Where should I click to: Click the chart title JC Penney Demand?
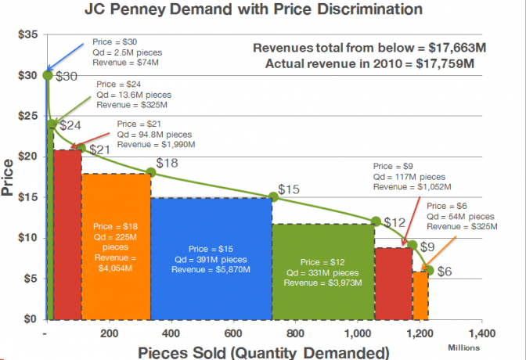[x=264, y=10]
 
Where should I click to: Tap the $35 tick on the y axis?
[x=27, y=35]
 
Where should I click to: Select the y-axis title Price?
[x=9, y=178]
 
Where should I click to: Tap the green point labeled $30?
[x=48, y=75]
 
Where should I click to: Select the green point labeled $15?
[x=273, y=197]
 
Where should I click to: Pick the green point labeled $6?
[x=428, y=270]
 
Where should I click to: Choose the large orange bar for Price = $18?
[x=116, y=247]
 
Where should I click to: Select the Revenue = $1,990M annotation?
[x=157, y=145]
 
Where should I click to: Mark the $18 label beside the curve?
[x=167, y=163]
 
